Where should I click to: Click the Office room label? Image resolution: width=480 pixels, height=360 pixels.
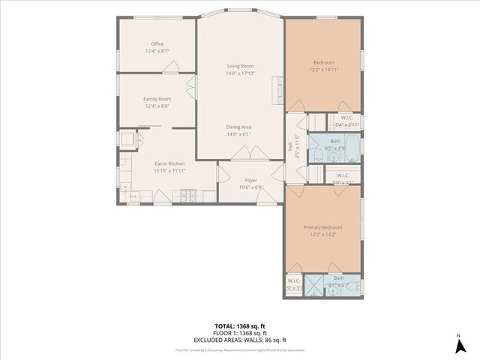click(157, 43)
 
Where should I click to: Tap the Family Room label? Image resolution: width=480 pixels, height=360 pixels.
click(157, 99)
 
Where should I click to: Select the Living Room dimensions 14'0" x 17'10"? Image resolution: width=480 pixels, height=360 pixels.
click(239, 73)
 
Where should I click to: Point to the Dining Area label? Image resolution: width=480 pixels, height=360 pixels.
click(239, 127)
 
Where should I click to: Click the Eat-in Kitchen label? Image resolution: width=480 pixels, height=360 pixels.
click(169, 163)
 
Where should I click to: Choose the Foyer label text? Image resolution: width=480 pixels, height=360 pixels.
click(250, 180)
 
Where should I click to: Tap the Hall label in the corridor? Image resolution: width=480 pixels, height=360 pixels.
click(291, 146)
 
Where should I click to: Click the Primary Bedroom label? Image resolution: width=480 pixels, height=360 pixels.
click(322, 227)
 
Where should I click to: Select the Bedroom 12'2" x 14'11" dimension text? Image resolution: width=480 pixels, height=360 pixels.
click(323, 70)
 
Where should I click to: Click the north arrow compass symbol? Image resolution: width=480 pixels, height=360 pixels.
click(459, 346)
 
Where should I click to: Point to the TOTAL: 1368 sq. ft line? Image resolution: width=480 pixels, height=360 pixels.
click(239, 326)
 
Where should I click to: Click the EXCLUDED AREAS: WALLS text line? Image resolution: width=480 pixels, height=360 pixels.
click(239, 339)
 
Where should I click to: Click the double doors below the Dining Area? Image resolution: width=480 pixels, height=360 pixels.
click(250, 154)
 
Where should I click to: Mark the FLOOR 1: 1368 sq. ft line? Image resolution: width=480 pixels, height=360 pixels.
click(239, 333)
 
